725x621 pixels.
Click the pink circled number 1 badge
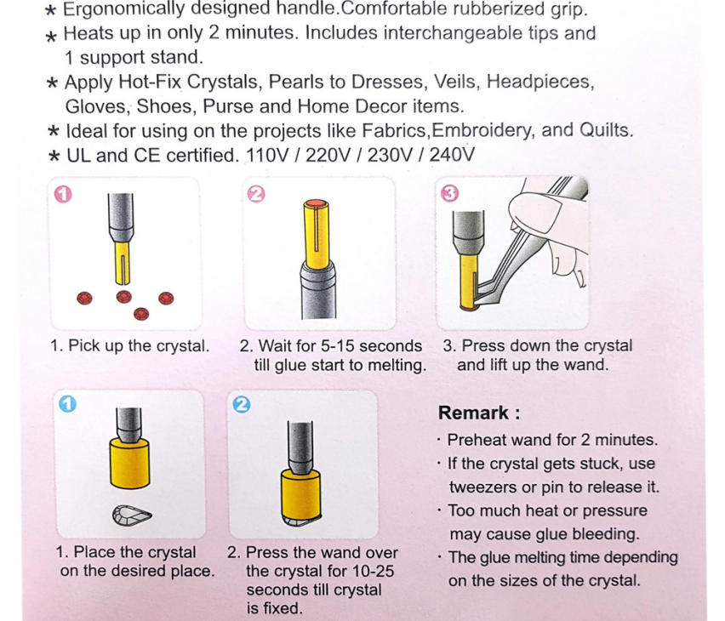tap(63, 194)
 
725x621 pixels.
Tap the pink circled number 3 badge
tap(449, 193)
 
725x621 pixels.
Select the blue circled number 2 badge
tap(242, 405)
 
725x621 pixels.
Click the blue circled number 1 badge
tap(67, 404)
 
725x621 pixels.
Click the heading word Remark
tap(473, 413)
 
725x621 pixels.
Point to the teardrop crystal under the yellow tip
tap(132, 516)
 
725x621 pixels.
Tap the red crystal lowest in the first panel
tap(141, 314)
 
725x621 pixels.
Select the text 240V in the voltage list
tap(452, 155)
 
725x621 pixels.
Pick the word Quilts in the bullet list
tap(605, 130)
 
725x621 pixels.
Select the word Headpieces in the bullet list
tap(539, 82)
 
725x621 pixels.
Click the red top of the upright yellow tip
tap(317, 203)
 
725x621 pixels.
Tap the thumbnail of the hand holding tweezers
tap(512, 253)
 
